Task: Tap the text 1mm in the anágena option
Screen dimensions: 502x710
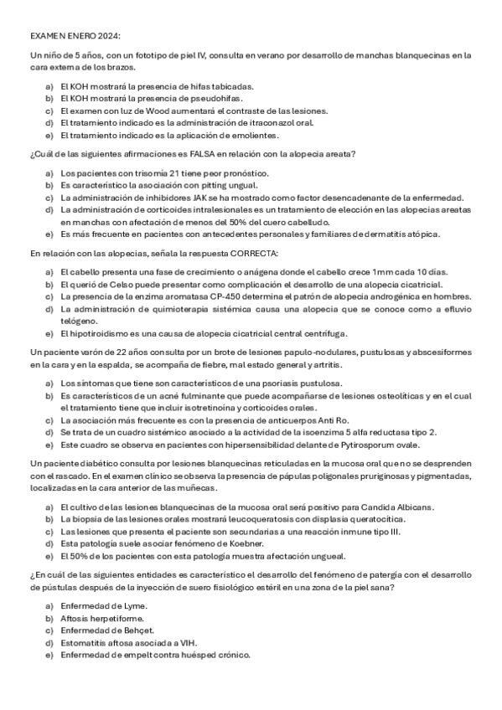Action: [x=331, y=271]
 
